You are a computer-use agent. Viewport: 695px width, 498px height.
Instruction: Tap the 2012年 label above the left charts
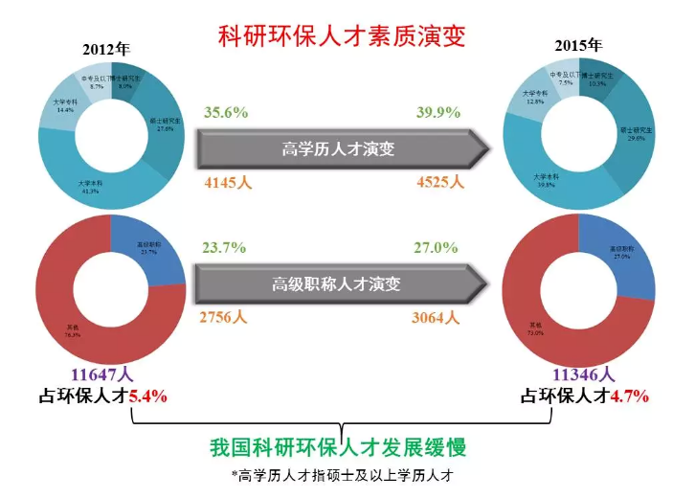pyautogui.click(x=106, y=48)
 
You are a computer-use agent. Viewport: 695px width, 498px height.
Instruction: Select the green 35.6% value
pyautogui.click(x=226, y=112)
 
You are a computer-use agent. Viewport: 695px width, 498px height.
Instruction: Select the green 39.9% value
pyautogui.click(x=439, y=112)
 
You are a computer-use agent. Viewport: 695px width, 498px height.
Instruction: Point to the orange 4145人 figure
pyautogui.click(x=228, y=182)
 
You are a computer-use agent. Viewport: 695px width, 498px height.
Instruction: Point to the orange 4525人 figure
pyautogui.click(x=439, y=182)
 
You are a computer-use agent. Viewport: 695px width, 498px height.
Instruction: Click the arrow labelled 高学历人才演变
pyautogui.click(x=340, y=148)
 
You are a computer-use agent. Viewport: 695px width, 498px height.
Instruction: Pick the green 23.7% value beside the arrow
pyautogui.click(x=226, y=248)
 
